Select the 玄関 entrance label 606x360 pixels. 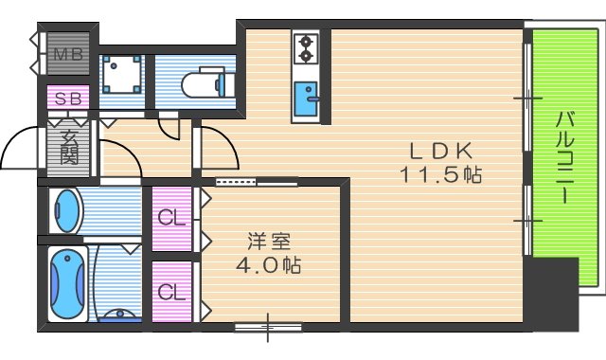pos(69,147)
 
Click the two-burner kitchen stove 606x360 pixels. pos(306,47)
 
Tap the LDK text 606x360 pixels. pos(441,152)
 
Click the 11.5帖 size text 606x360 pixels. pos(440,175)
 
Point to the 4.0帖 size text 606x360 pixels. pos(268,265)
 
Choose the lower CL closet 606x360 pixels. pos(171,291)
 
